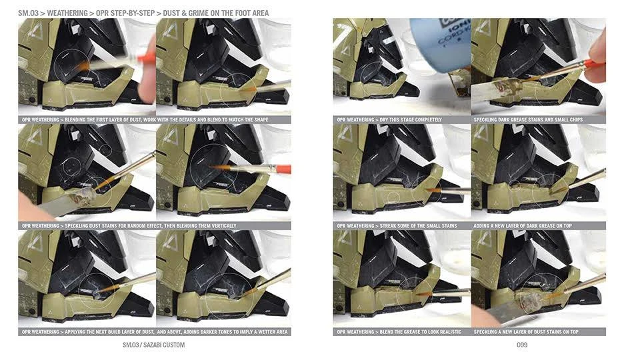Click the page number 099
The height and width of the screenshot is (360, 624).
tap(522, 345)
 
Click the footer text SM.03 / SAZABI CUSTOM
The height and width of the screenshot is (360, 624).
tap(153, 345)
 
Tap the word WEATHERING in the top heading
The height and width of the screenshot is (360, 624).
tap(67, 13)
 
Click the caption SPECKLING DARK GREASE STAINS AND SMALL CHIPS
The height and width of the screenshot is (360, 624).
tap(528, 120)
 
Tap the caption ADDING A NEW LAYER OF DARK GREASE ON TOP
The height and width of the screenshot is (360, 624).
tap(523, 226)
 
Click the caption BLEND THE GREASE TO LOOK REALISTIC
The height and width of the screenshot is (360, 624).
tap(421, 332)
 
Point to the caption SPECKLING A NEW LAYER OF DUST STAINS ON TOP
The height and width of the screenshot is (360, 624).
tap(526, 332)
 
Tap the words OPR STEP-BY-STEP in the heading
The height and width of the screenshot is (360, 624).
tap(125, 13)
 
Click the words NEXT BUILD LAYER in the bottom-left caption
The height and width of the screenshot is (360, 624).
tap(112, 332)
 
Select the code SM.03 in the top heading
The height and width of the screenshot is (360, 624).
tap(28, 13)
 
